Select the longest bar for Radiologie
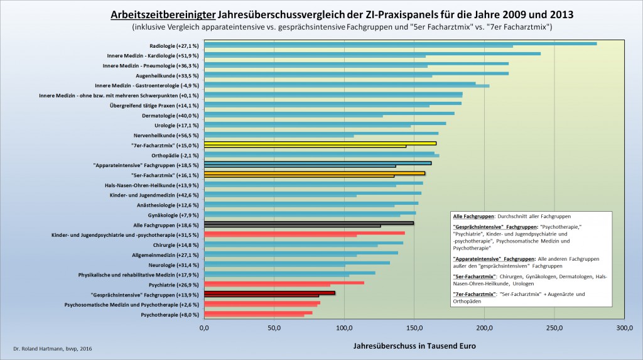tap(400, 43)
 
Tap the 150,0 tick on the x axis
tap(414, 327)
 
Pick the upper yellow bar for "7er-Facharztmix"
tap(320, 143)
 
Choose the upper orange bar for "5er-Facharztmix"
tap(315, 172)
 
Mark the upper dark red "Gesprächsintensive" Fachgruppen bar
tap(270, 292)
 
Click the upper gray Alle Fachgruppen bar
tap(309, 222)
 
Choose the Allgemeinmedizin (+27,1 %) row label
tap(164, 254)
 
